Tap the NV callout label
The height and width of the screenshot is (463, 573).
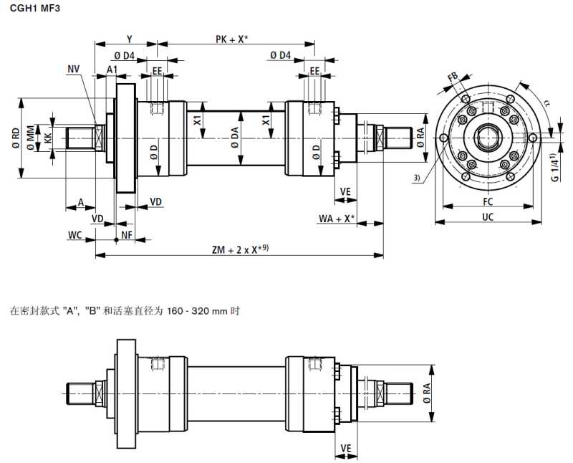(x=74, y=69)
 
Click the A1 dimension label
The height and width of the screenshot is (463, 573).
(x=112, y=69)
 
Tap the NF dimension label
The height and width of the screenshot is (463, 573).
(x=126, y=235)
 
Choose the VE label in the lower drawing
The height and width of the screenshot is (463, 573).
(x=346, y=448)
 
